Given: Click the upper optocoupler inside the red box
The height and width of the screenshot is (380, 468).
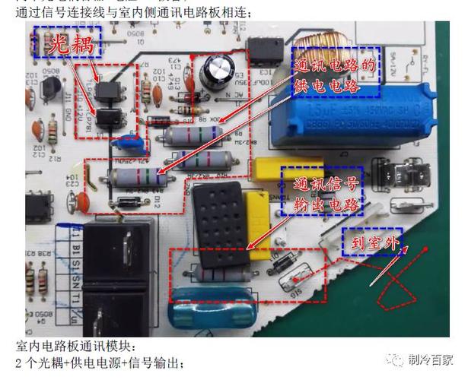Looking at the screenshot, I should (x=112, y=98).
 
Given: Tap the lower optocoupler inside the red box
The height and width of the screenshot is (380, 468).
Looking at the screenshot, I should (x=112, y=121).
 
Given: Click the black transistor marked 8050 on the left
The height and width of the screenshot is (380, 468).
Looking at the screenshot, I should (x=50, y=89).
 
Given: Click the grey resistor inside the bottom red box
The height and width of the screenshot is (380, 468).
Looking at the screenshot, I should (x=221, y=271).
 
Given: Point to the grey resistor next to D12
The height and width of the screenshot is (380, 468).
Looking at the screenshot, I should (x=137, y=179).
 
